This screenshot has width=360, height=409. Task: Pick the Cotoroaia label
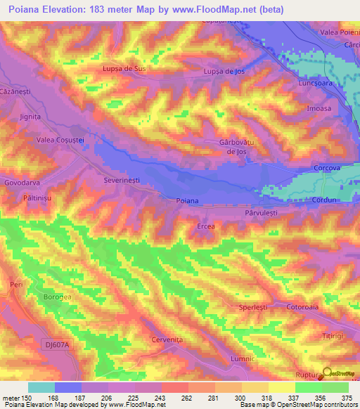(304, 307)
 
